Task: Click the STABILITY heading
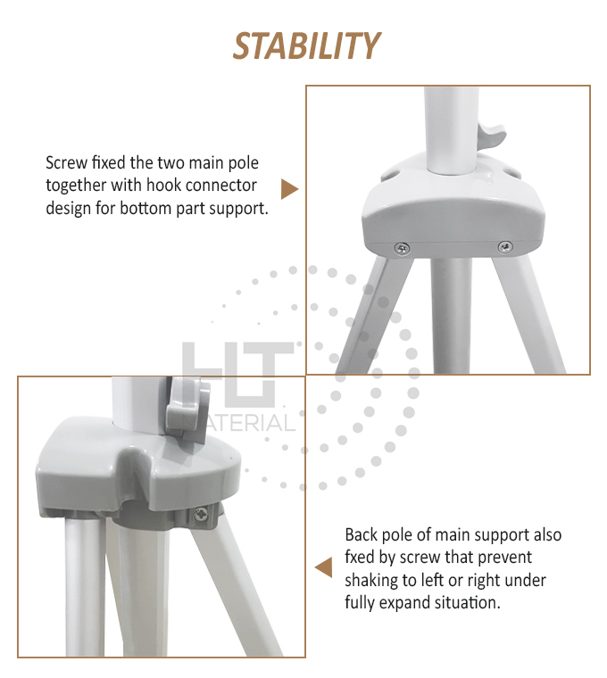pyautogui.click(x=306, y=45)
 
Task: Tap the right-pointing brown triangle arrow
pyautogui.click(x=289, y=189)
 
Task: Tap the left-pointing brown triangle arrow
pyautogui.click(x=324, y=567)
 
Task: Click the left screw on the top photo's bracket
pyautogui.click(x=403, y=248)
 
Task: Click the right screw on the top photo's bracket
pyautogui.click(x=505, y=247)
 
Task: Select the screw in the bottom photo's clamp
pyautogui.click(x=202, y=515)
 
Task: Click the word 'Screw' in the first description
pyautogui.click(x=67, y=163)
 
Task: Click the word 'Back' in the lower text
pyautogui.click(x=361, y=535)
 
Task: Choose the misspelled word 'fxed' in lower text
pyautogui.click(x=359, y=558)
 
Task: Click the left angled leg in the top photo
pyautogui.click(x=373, y=316)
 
